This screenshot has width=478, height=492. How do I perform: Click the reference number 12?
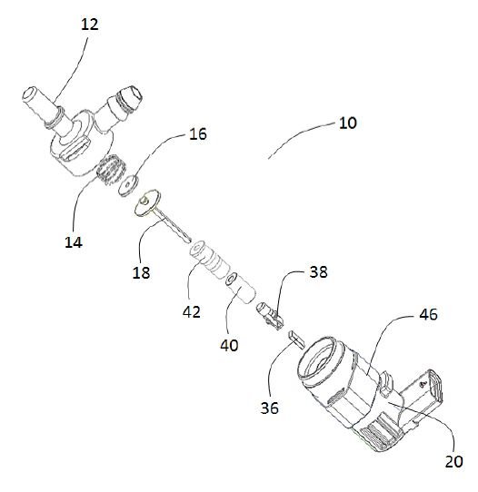[90, 25]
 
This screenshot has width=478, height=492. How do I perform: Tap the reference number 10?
[348, 123]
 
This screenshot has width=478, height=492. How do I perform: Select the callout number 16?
[198, 134]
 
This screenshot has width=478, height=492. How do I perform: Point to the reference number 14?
[74, 242]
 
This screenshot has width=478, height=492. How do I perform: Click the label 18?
[142, 272]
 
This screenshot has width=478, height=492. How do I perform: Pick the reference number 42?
[192, 312]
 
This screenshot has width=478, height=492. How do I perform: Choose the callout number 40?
[229, 345]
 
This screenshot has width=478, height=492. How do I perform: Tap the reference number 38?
[318, 271]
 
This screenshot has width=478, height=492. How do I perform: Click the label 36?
[270, 408]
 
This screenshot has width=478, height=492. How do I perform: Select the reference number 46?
[428, 314]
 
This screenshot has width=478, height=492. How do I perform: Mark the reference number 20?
[454, 461]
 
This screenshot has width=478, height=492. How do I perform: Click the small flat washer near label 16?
[129, 186]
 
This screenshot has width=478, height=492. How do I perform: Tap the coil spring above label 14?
[110, 170]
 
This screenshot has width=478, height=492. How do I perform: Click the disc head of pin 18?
[147, 202]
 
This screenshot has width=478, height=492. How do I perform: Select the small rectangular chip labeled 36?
[297, 339]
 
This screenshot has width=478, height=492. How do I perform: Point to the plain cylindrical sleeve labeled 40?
[241, 288]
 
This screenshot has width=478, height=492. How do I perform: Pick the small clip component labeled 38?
[270, 315]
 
